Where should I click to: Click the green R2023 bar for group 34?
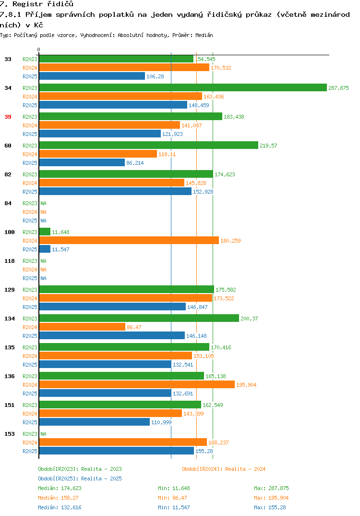tap(183, 87)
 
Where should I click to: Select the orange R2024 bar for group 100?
tap(129, 240)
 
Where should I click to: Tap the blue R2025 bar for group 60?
tap(82, 162)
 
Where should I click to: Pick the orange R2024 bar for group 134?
tap(82, 327)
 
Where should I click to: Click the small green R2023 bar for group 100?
tap(45, 232)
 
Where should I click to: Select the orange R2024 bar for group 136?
tap(137, 384)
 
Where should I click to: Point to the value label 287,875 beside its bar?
tap(338, 88)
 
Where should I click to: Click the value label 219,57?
tap(268, 146)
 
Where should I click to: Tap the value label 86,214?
tap(135, 163)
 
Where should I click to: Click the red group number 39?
tap(8, 117)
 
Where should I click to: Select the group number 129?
tap(10, 290)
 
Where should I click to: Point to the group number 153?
tap(10, 434)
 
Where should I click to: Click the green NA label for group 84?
tap(43, 203)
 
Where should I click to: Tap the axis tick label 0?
tap(39, 49)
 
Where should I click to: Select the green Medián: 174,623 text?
tap(60, 488)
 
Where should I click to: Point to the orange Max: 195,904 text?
tap(271, 498)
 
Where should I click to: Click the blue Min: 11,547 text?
tap(174, 507)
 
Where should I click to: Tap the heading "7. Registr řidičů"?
tap(37, 4)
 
